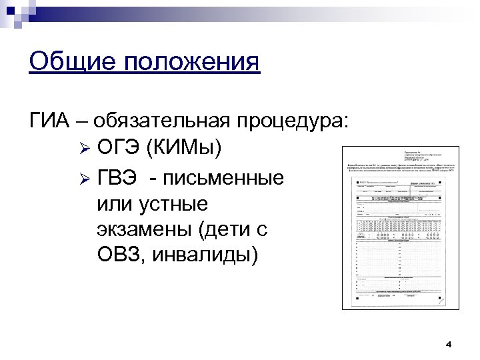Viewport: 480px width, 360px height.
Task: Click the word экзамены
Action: [143, 229]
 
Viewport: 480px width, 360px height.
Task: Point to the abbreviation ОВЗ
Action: [118, 254]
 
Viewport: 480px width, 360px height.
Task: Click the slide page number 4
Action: [449, 345]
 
